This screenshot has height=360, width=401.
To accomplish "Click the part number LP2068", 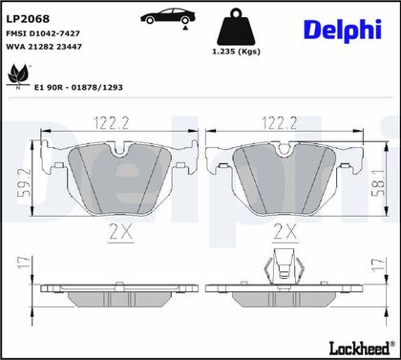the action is click(28, 19).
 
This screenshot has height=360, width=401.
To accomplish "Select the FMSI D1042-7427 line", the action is click(43, 33).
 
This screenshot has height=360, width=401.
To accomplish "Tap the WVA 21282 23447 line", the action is click(44, 47).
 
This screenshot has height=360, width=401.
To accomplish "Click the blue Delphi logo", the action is click(343, 31).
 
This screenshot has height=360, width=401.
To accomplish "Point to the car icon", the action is click(168, 16).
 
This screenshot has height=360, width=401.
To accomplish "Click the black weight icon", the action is click(236, 27).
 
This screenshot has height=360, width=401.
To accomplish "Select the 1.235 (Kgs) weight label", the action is click(236, 52).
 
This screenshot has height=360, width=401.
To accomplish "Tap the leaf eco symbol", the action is click(18, 75).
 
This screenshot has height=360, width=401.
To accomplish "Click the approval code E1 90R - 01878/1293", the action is click(78, 88).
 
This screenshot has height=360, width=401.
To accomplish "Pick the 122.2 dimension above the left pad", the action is click(112, 123).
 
